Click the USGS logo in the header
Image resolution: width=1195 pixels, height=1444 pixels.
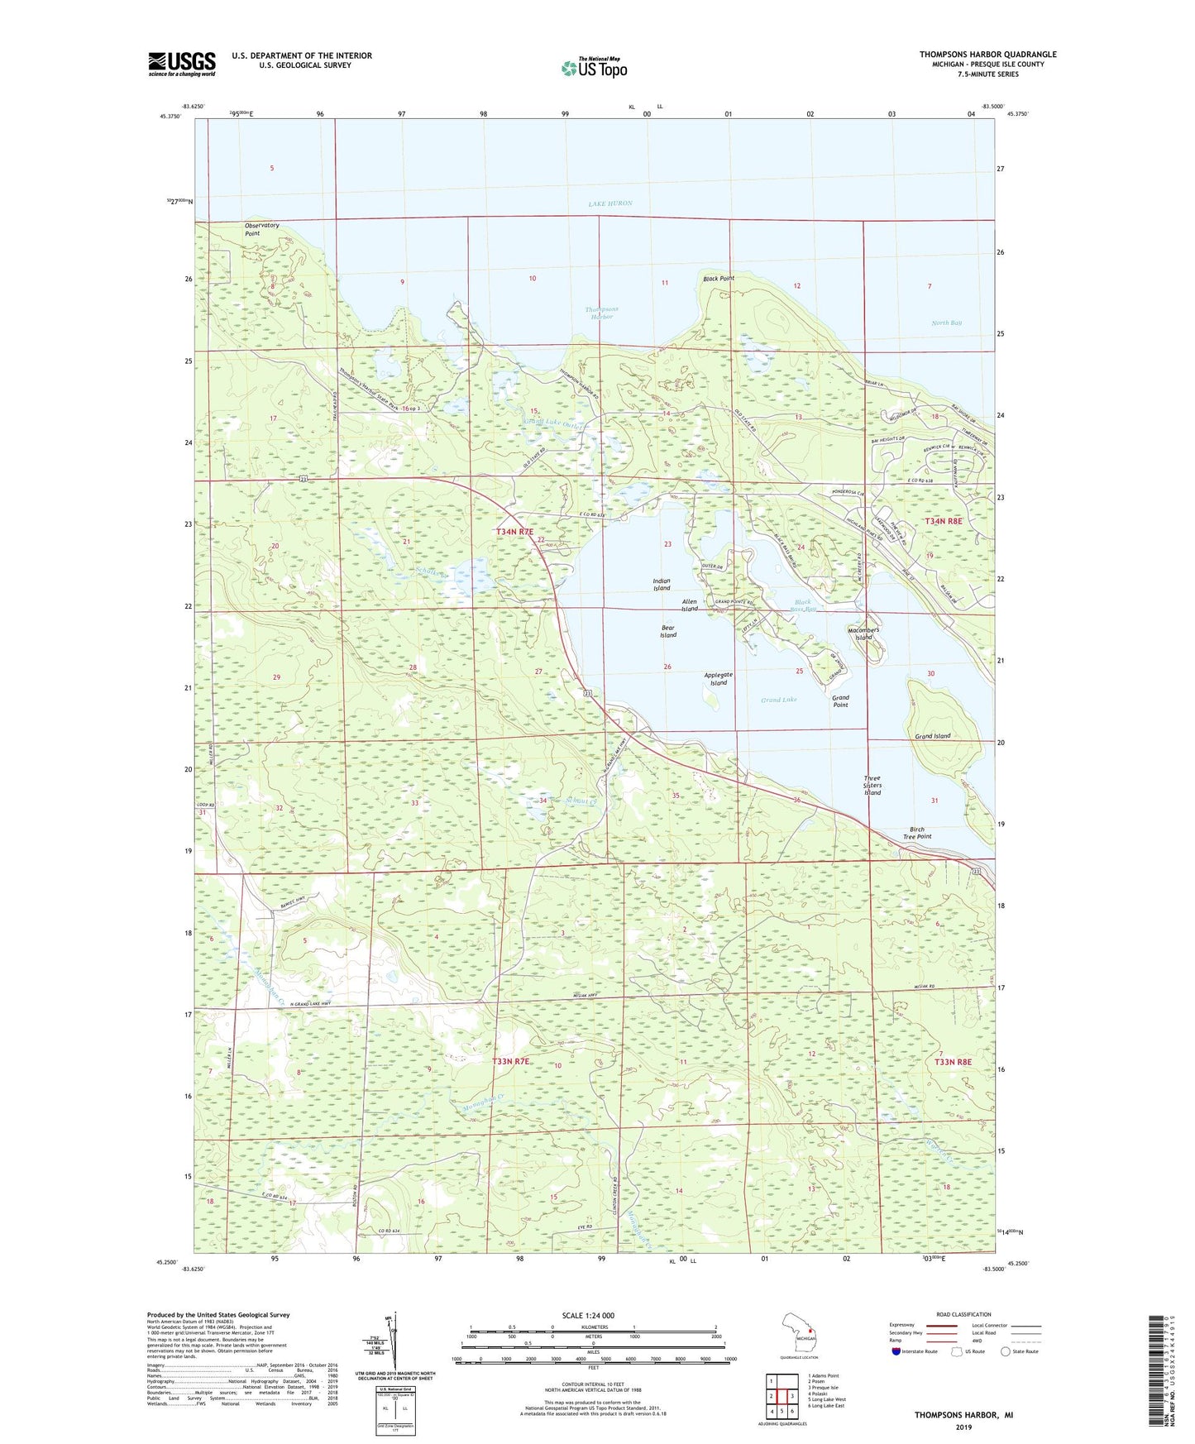pyautogui.click(x=182, y=64)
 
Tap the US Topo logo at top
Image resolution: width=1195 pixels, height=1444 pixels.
pyautogui.click(x=594, y=68)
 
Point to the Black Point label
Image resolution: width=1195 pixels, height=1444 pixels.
pyautogui.click(x=718, y=279)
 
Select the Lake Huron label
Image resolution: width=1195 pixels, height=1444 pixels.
pyautogui.click(x=610, y=203)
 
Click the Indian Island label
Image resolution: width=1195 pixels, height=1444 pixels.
pyautogui.click(x=661, y=584)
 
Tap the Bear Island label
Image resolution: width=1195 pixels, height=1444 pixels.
pyautogui.click(x=668, y=631)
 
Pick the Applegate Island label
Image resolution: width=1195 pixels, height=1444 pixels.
pyautogui.click(x=718, y=678)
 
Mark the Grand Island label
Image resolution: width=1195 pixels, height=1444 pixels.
pyautogui.click(x=932, y=736)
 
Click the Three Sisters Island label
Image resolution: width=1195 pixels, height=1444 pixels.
pyautogui.click(x=872, y=785)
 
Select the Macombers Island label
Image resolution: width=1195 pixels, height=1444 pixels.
pyautogui.click(x=863, y=633)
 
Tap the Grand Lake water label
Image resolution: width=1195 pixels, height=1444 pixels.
pyautogui.click(x=778, y=700)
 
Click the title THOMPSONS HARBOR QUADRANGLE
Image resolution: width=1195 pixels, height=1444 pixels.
pyautogui.click(x=987, y=55)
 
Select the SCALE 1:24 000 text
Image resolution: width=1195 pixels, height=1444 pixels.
pyautogui.click(x=588, y=1315)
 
